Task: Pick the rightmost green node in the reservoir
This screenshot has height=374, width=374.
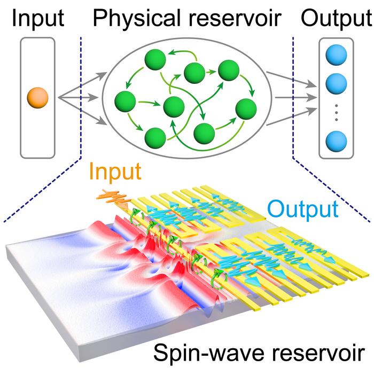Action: [246, 108]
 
